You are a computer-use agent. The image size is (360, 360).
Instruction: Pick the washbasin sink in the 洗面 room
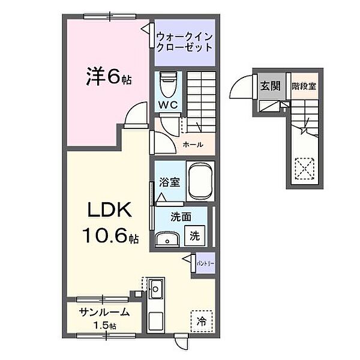click(166, 240)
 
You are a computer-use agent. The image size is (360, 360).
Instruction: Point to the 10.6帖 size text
click(111, 237)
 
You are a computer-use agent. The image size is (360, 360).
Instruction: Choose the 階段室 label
click(304, 86)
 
